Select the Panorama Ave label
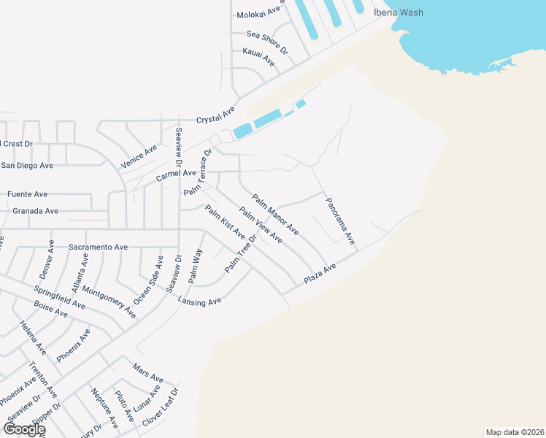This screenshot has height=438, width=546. coord(340,220)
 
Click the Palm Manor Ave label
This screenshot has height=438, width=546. coord(275,214)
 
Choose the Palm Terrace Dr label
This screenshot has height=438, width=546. coord(197,173)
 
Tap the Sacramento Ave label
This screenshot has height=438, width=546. coord(99,247)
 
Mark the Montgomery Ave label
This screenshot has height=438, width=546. coord(109,299)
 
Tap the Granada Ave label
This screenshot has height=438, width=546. coord(36,211)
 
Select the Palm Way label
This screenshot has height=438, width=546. coord(195,266)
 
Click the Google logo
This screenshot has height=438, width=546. coord(24,429)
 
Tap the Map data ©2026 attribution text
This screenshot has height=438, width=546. coord(514,431)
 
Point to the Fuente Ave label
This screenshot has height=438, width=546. coord(27,194)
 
